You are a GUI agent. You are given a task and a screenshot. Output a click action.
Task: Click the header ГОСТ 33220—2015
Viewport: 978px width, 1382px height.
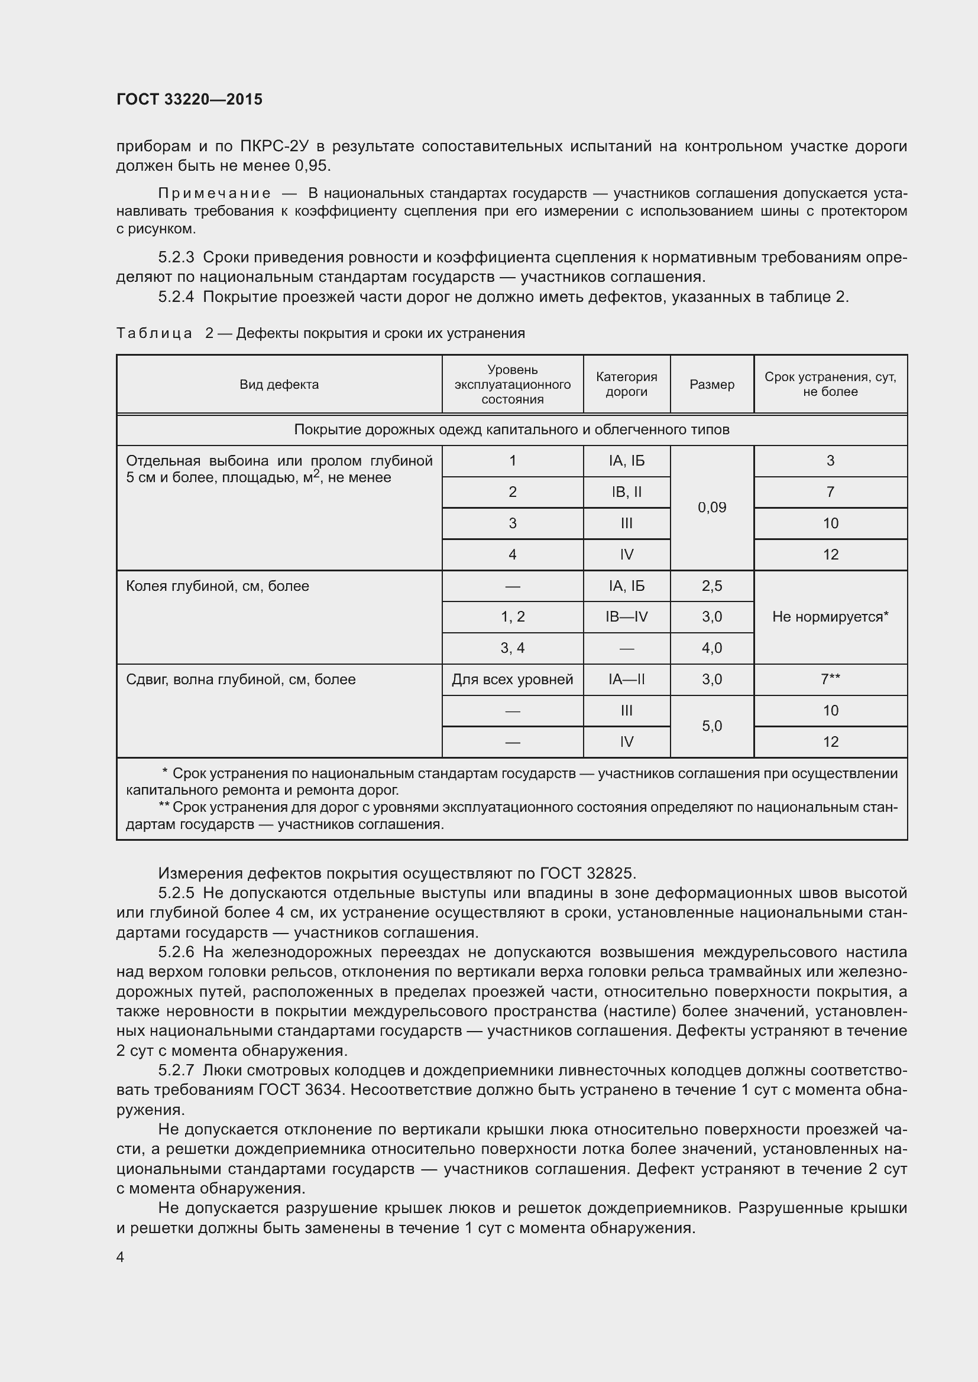(x=189, y=99)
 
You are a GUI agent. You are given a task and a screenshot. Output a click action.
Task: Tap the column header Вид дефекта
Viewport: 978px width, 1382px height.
(x=279, y=385)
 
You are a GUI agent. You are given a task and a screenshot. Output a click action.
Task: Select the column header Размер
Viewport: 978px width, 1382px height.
(x=712, y=385)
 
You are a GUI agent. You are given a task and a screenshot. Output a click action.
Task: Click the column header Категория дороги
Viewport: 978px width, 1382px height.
(x=626, y=384)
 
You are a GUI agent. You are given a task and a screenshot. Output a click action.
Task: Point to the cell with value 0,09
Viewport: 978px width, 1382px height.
(x=712, y=508)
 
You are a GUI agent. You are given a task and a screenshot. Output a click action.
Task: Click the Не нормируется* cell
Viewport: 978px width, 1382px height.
(x=830, y=617)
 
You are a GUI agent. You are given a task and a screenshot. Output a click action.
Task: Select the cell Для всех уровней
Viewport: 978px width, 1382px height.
(x=513, y=679)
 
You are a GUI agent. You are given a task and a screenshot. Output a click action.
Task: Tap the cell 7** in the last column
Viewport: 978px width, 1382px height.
(x=830, y=679)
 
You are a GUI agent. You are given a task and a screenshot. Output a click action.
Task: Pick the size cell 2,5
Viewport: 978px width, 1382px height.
(x=712, y=586)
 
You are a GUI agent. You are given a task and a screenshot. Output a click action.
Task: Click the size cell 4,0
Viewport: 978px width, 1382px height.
(x=712, y=648)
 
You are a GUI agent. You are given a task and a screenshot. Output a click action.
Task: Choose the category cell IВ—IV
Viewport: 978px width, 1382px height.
(x=626, y=617)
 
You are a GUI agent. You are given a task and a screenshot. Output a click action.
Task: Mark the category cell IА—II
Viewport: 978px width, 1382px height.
(x=626, y=679)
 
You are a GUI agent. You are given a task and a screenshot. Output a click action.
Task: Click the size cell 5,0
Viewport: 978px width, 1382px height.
(x=712, y=726)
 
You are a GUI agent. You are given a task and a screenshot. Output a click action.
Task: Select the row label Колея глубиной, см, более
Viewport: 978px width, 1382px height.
(x=218, y=586)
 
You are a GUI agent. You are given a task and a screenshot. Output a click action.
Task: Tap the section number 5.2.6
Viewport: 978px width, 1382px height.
(x=176, y=952)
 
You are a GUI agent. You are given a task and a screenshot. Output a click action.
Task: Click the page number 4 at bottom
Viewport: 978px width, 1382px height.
(x=120, y=1257)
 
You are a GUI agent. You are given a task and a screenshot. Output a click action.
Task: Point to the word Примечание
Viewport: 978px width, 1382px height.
(x=215, y=193)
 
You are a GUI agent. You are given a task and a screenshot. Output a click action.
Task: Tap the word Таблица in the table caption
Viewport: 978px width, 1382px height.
(x=154, y=333)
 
